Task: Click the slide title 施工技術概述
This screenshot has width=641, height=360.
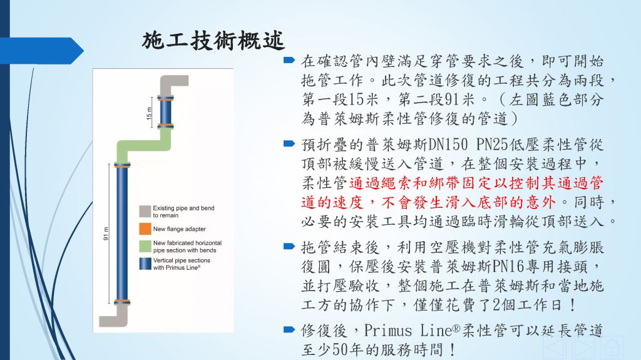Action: pos(213,41)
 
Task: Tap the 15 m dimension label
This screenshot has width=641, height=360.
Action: pos(149,113)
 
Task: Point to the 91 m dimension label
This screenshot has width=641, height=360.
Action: pos(106,234)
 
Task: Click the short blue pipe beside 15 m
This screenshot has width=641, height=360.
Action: pos(165,112)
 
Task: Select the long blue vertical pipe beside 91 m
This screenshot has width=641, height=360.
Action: pos(122,234)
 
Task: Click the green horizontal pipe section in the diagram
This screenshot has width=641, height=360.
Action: pos(143,146)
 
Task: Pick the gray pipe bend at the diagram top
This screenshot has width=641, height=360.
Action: pos(172,85)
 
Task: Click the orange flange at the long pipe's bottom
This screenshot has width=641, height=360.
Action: pos(122,302)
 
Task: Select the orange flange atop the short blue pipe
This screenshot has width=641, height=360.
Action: pos(165,98)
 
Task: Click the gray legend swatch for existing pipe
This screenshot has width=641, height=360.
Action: pos(145,211)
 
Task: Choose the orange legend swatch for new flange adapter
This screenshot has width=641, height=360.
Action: pos(145,229)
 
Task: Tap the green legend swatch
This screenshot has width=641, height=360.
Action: pos(145,246)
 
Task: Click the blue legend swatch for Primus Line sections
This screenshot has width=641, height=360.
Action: pos(145,264)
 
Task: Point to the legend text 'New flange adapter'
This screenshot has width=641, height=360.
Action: pos(180,229)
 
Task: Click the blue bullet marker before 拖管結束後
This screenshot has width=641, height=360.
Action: pos(289,246)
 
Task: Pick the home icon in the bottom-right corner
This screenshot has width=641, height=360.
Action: pos(612,348)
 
